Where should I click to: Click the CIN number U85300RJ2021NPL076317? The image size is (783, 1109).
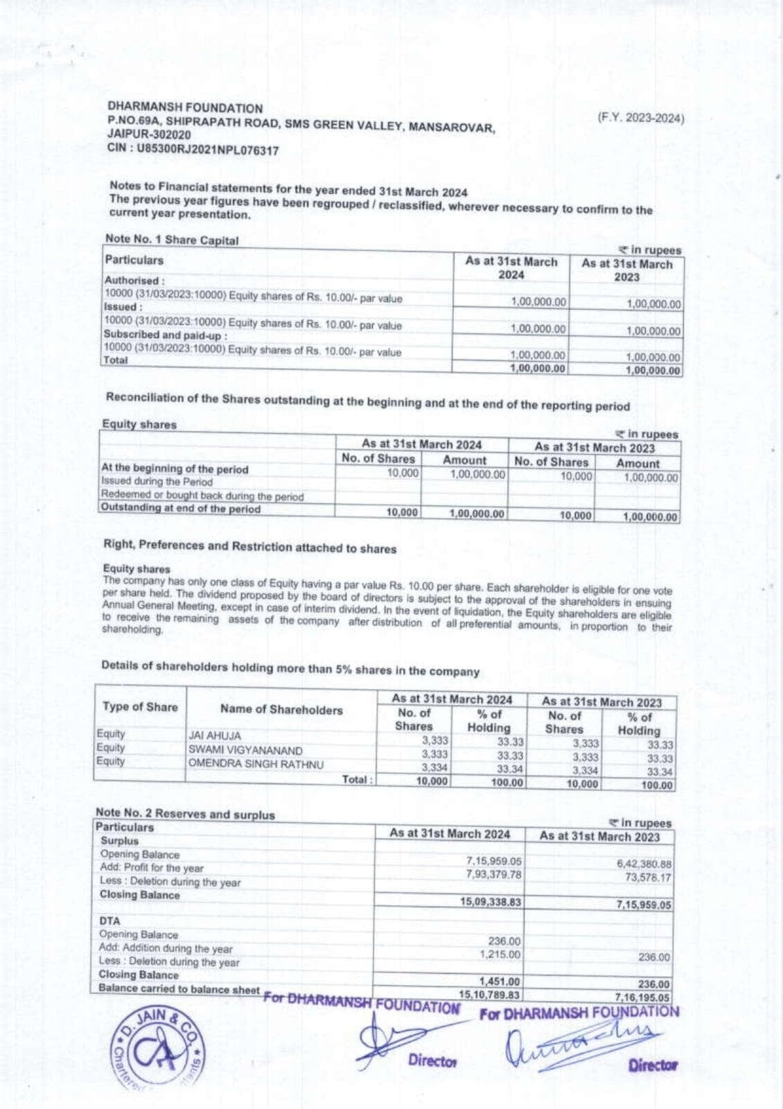(x=208, y=150)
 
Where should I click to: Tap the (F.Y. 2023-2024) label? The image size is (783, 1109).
(x=640, y=118)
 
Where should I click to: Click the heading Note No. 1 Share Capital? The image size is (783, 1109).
(x=171, y=240)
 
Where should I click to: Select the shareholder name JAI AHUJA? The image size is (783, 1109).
(x=215, y=735)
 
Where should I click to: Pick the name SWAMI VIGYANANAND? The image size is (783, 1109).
(x=245, y=750)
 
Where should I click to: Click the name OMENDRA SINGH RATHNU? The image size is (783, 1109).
(x=256, y=764)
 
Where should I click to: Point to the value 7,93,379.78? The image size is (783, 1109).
(x=495, y=874)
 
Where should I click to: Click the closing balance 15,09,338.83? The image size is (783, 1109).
(x=491, y=902)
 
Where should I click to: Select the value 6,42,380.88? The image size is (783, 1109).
(x=644, y=864)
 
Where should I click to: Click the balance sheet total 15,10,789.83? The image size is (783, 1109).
(x=489, y=995)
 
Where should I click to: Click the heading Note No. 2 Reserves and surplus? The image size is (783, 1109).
(x=185, y=814)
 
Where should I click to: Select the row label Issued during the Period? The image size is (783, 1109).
(x=157, y=482)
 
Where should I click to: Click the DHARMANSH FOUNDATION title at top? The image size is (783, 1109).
(x=185, y=108)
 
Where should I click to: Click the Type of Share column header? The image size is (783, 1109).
(x=140, y=707)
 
